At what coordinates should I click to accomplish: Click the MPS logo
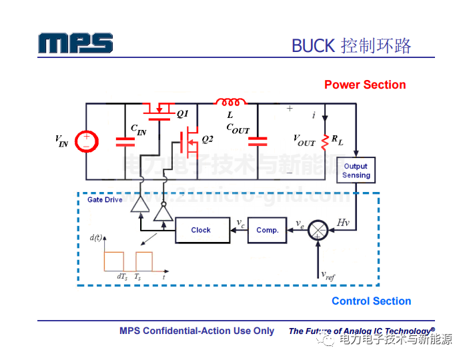tap(75, 43)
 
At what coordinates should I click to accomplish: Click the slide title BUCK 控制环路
tap(351, 45)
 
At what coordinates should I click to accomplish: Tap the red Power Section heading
tap(365, 85)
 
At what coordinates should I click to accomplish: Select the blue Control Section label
tap(371, 301)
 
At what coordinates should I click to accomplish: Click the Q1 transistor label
tap(182, 114)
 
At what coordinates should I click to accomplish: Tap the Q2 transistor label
tap(207, 139)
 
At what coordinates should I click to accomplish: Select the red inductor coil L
tap(229, 103)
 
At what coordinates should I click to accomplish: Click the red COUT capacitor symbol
tap(258, 141)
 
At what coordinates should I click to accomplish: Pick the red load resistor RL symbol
tap(325, 141)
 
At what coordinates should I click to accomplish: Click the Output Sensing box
tap(356, 171)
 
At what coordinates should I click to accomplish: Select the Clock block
tap(201, 230)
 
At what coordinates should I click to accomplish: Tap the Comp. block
tap(268, 230)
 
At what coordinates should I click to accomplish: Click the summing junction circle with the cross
tap(319, 230)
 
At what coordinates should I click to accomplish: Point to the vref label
tap(328, 274)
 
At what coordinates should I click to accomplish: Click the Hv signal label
tap(343, 221)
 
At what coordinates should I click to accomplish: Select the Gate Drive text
tap(105, 199)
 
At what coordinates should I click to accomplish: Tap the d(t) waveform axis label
tap(96, 237)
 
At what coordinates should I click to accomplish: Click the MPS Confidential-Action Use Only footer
tap(197, 331)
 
